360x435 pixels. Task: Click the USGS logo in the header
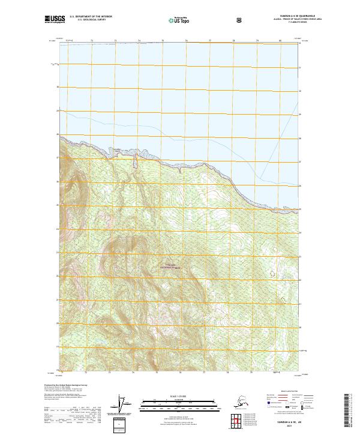coord(55,20)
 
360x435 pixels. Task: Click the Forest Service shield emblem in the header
coord(239,20)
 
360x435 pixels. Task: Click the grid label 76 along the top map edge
coord(186,41)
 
